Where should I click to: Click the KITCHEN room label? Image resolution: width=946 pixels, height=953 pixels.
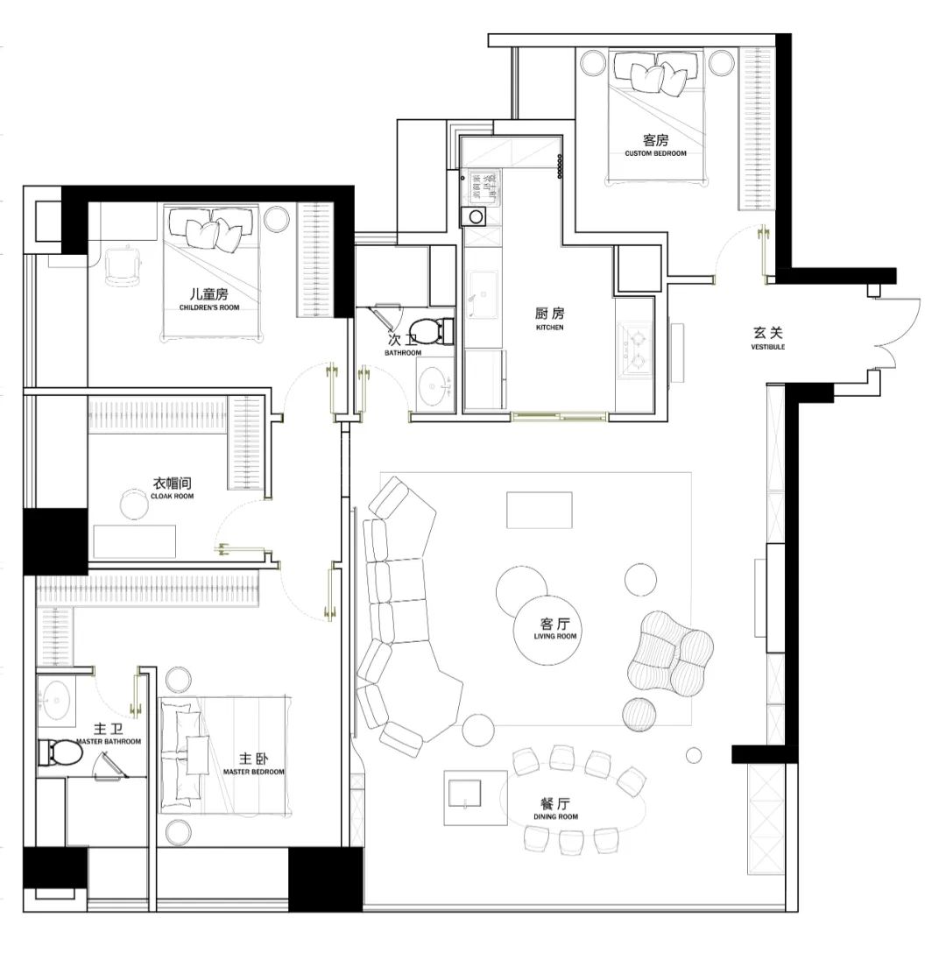tap(549, 328)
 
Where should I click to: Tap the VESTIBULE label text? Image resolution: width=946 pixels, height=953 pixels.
tap(768, 347)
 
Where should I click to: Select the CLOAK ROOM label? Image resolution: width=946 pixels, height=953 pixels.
tap(172, 496)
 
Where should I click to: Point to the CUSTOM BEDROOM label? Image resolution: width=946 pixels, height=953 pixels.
tap(655, 154)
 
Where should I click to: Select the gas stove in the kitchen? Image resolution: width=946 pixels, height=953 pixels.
tap(636, 351)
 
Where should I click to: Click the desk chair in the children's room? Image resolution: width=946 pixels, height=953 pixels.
tap(124, 265)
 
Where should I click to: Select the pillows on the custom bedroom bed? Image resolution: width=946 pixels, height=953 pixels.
tap(656, 72)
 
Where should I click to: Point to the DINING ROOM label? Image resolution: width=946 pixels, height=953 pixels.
tap(555, 817)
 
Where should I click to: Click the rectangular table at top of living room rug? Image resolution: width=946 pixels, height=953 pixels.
tap(540, 511)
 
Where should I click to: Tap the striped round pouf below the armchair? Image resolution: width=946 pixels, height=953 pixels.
tap(639, 714)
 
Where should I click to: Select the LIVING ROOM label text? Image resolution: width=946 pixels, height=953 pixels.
tap(555, 636)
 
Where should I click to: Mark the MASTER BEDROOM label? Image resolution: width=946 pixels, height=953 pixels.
tap(253, 772)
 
